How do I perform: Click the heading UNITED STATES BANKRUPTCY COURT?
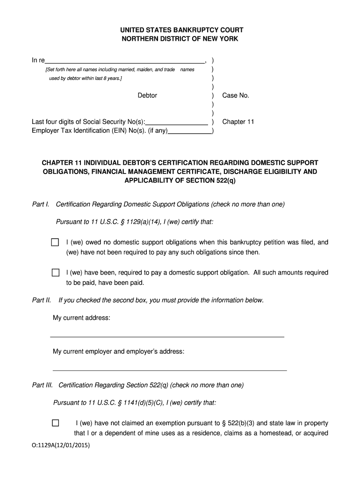pos(180,30)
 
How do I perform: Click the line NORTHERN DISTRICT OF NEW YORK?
pos(180,39)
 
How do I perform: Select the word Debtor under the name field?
pos(147,95)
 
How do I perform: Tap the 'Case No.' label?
pos(236,95)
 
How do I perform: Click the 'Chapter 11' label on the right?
pos(238,122)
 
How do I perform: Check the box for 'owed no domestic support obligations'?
pos(55,242)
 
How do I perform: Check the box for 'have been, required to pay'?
pos(55,273)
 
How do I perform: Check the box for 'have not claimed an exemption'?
pos(55,423)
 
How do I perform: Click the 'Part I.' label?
pos(40,204)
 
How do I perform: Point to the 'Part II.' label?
pos(41,300)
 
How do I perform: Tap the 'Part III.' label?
pos(42,385)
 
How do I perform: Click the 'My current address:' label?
pos(81,318)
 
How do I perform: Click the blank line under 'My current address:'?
pos(167,335)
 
